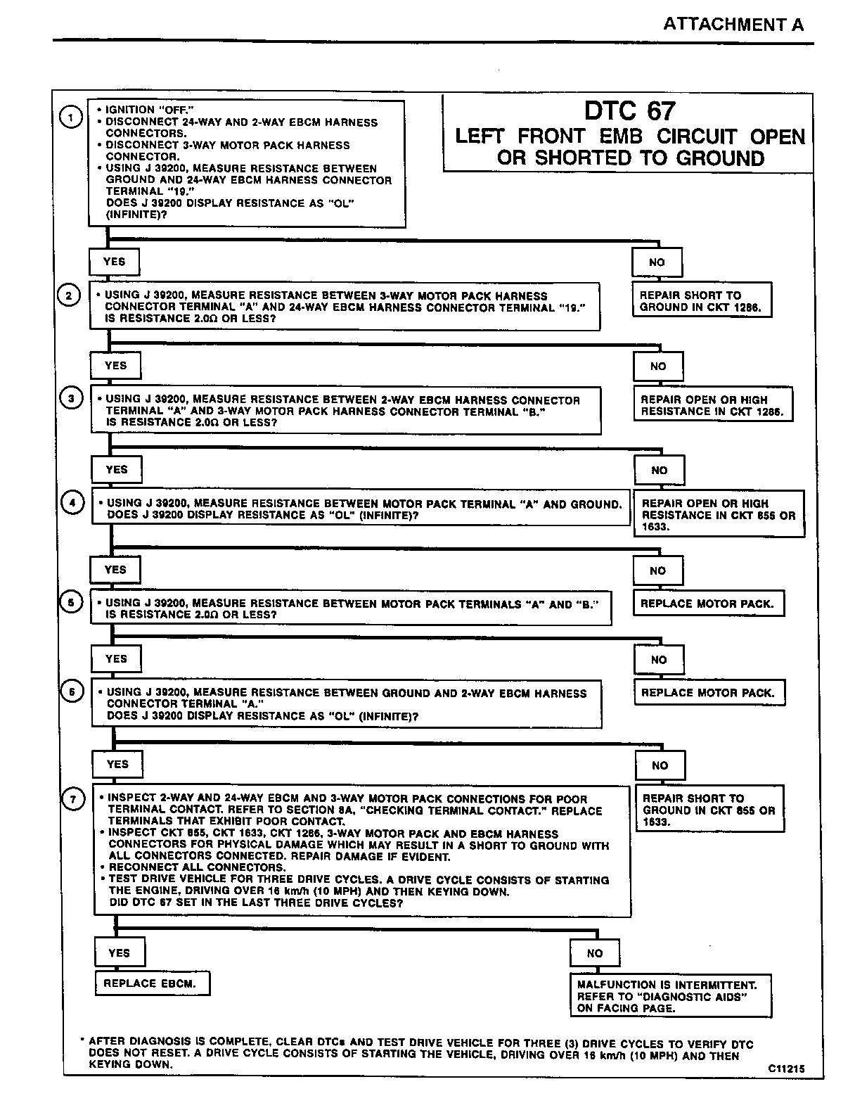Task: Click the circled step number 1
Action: tap(71, 117)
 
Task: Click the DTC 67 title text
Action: tap(629, 110)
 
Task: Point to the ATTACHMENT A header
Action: tap(733, 24)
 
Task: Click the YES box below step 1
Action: tap(114, 262)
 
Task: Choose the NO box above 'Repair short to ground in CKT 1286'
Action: tap(657, 262)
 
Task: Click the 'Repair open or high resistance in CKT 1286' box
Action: tap(712, 405)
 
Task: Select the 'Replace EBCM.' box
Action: tap(153, 983)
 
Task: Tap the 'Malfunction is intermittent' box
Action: tap(670, 996)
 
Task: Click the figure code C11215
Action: tap(786, 1069)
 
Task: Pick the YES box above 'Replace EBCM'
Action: tap(120, 952)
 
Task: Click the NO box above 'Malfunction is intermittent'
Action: tap(595, 953)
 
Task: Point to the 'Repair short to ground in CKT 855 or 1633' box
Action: tap(709, 810)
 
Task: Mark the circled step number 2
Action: tap(69, 295)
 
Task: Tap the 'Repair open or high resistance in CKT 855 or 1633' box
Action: tap(719, 514)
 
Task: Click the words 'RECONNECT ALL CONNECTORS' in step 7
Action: tap(197, 868)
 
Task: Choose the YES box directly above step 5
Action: tap(115, 570)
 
